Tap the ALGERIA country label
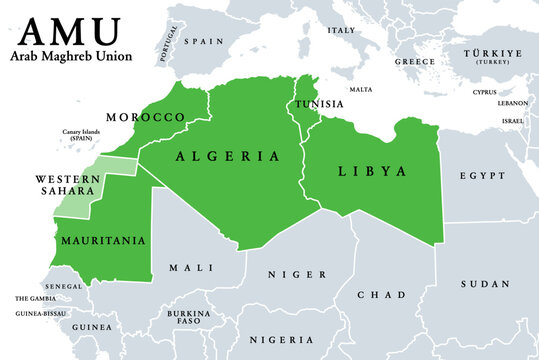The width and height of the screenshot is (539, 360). tap(228, 157)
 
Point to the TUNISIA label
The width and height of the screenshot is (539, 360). tap(319, 104)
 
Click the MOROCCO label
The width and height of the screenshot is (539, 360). tap(145, 117)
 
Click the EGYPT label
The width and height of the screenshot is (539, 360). tap(482, 175)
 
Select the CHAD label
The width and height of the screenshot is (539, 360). tap(388, 295)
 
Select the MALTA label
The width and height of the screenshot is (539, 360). tap(360, 90)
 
